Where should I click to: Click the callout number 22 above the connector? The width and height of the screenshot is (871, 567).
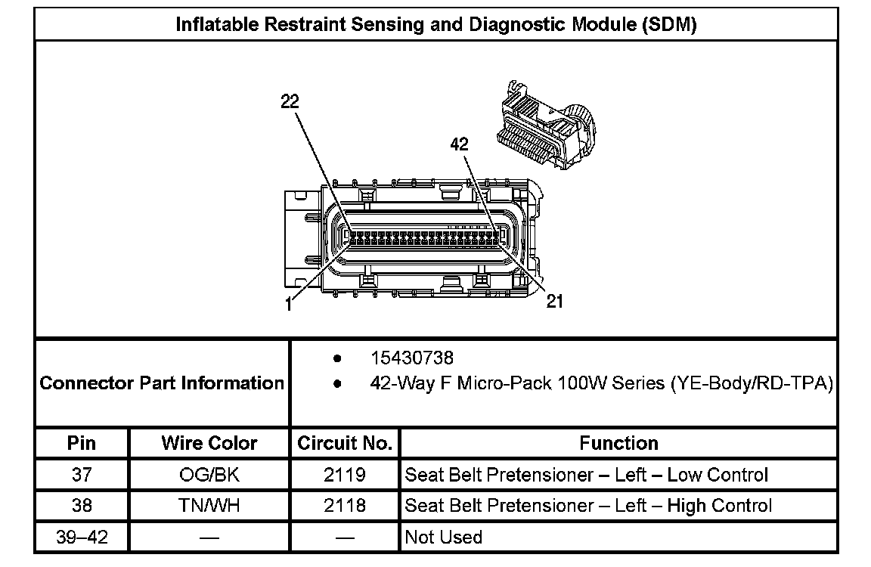(x=290, y=101)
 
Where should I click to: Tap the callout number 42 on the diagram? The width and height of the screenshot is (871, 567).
(x=460, y=144)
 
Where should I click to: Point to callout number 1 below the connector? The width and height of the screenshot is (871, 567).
(x=288, y=305)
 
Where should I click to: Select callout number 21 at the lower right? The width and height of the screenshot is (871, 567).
(x=555, y=301)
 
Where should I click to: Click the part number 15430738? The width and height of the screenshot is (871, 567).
(x=412, y=358)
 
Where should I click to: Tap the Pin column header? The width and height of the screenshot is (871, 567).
(x=81, y=443)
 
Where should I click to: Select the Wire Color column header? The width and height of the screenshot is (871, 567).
(x=209, y=443)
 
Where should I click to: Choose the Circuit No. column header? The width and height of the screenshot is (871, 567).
(x=345, y=443)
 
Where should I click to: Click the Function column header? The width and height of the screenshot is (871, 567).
(x=618, y=443)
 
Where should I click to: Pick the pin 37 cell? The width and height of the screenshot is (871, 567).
(x=82, y=475)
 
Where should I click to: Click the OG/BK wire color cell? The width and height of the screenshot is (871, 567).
(x=209, y=475)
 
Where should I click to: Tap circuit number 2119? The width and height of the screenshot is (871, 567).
(x=345, y=475)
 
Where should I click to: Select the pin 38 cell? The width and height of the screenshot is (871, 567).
(x=82, y=506)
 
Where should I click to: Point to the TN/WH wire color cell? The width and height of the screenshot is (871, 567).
(x=209, y=506)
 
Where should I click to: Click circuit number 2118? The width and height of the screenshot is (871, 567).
(x=345, y=506)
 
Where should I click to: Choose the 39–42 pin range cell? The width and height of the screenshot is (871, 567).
(x=82, y=538)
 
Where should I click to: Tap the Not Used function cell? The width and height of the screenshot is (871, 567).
(x=443, y=538)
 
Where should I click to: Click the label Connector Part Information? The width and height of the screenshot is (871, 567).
(x=162, y=383)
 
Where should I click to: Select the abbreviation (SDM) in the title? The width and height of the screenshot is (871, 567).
(x=669, y=25)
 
